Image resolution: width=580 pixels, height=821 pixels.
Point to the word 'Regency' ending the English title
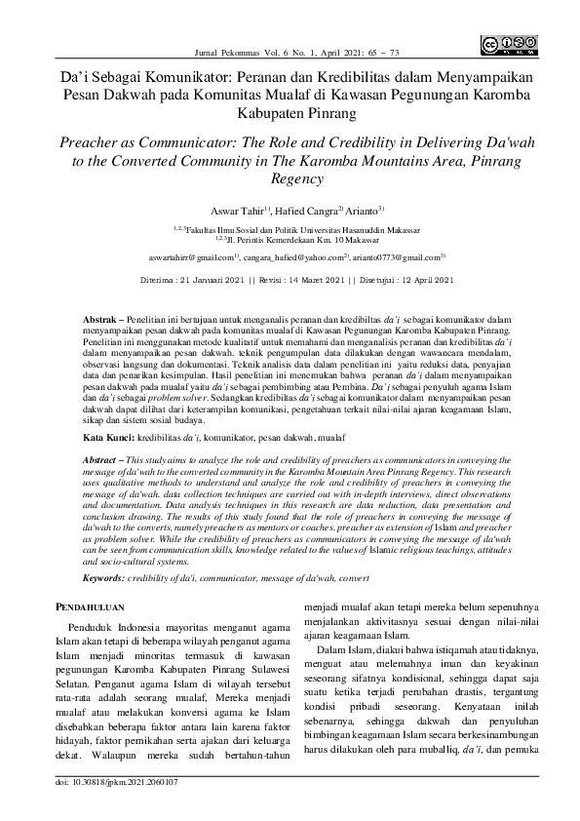pyautogui.click(x=290, y=179)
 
